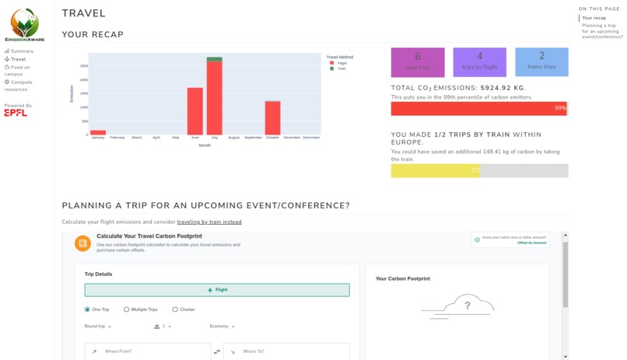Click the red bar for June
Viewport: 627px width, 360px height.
[x=194, y=111]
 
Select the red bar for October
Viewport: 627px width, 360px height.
[x=272, y=118]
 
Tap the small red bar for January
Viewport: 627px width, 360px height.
[x=98, y=132]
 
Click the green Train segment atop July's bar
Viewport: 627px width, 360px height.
[x=215, y=59]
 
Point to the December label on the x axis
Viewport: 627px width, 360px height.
[x=311, y=138]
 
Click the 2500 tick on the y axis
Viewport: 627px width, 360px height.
[x=84, y=66]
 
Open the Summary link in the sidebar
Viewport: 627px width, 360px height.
[x=22, y=51]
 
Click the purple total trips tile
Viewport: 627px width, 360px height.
[x=418, y=61]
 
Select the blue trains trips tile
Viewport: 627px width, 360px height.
[x=541, y=61]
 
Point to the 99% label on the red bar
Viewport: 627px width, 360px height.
[x=560, y=108]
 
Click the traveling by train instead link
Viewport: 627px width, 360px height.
[x=209, y=222]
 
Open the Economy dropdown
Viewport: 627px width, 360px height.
[x=222, y=327]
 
